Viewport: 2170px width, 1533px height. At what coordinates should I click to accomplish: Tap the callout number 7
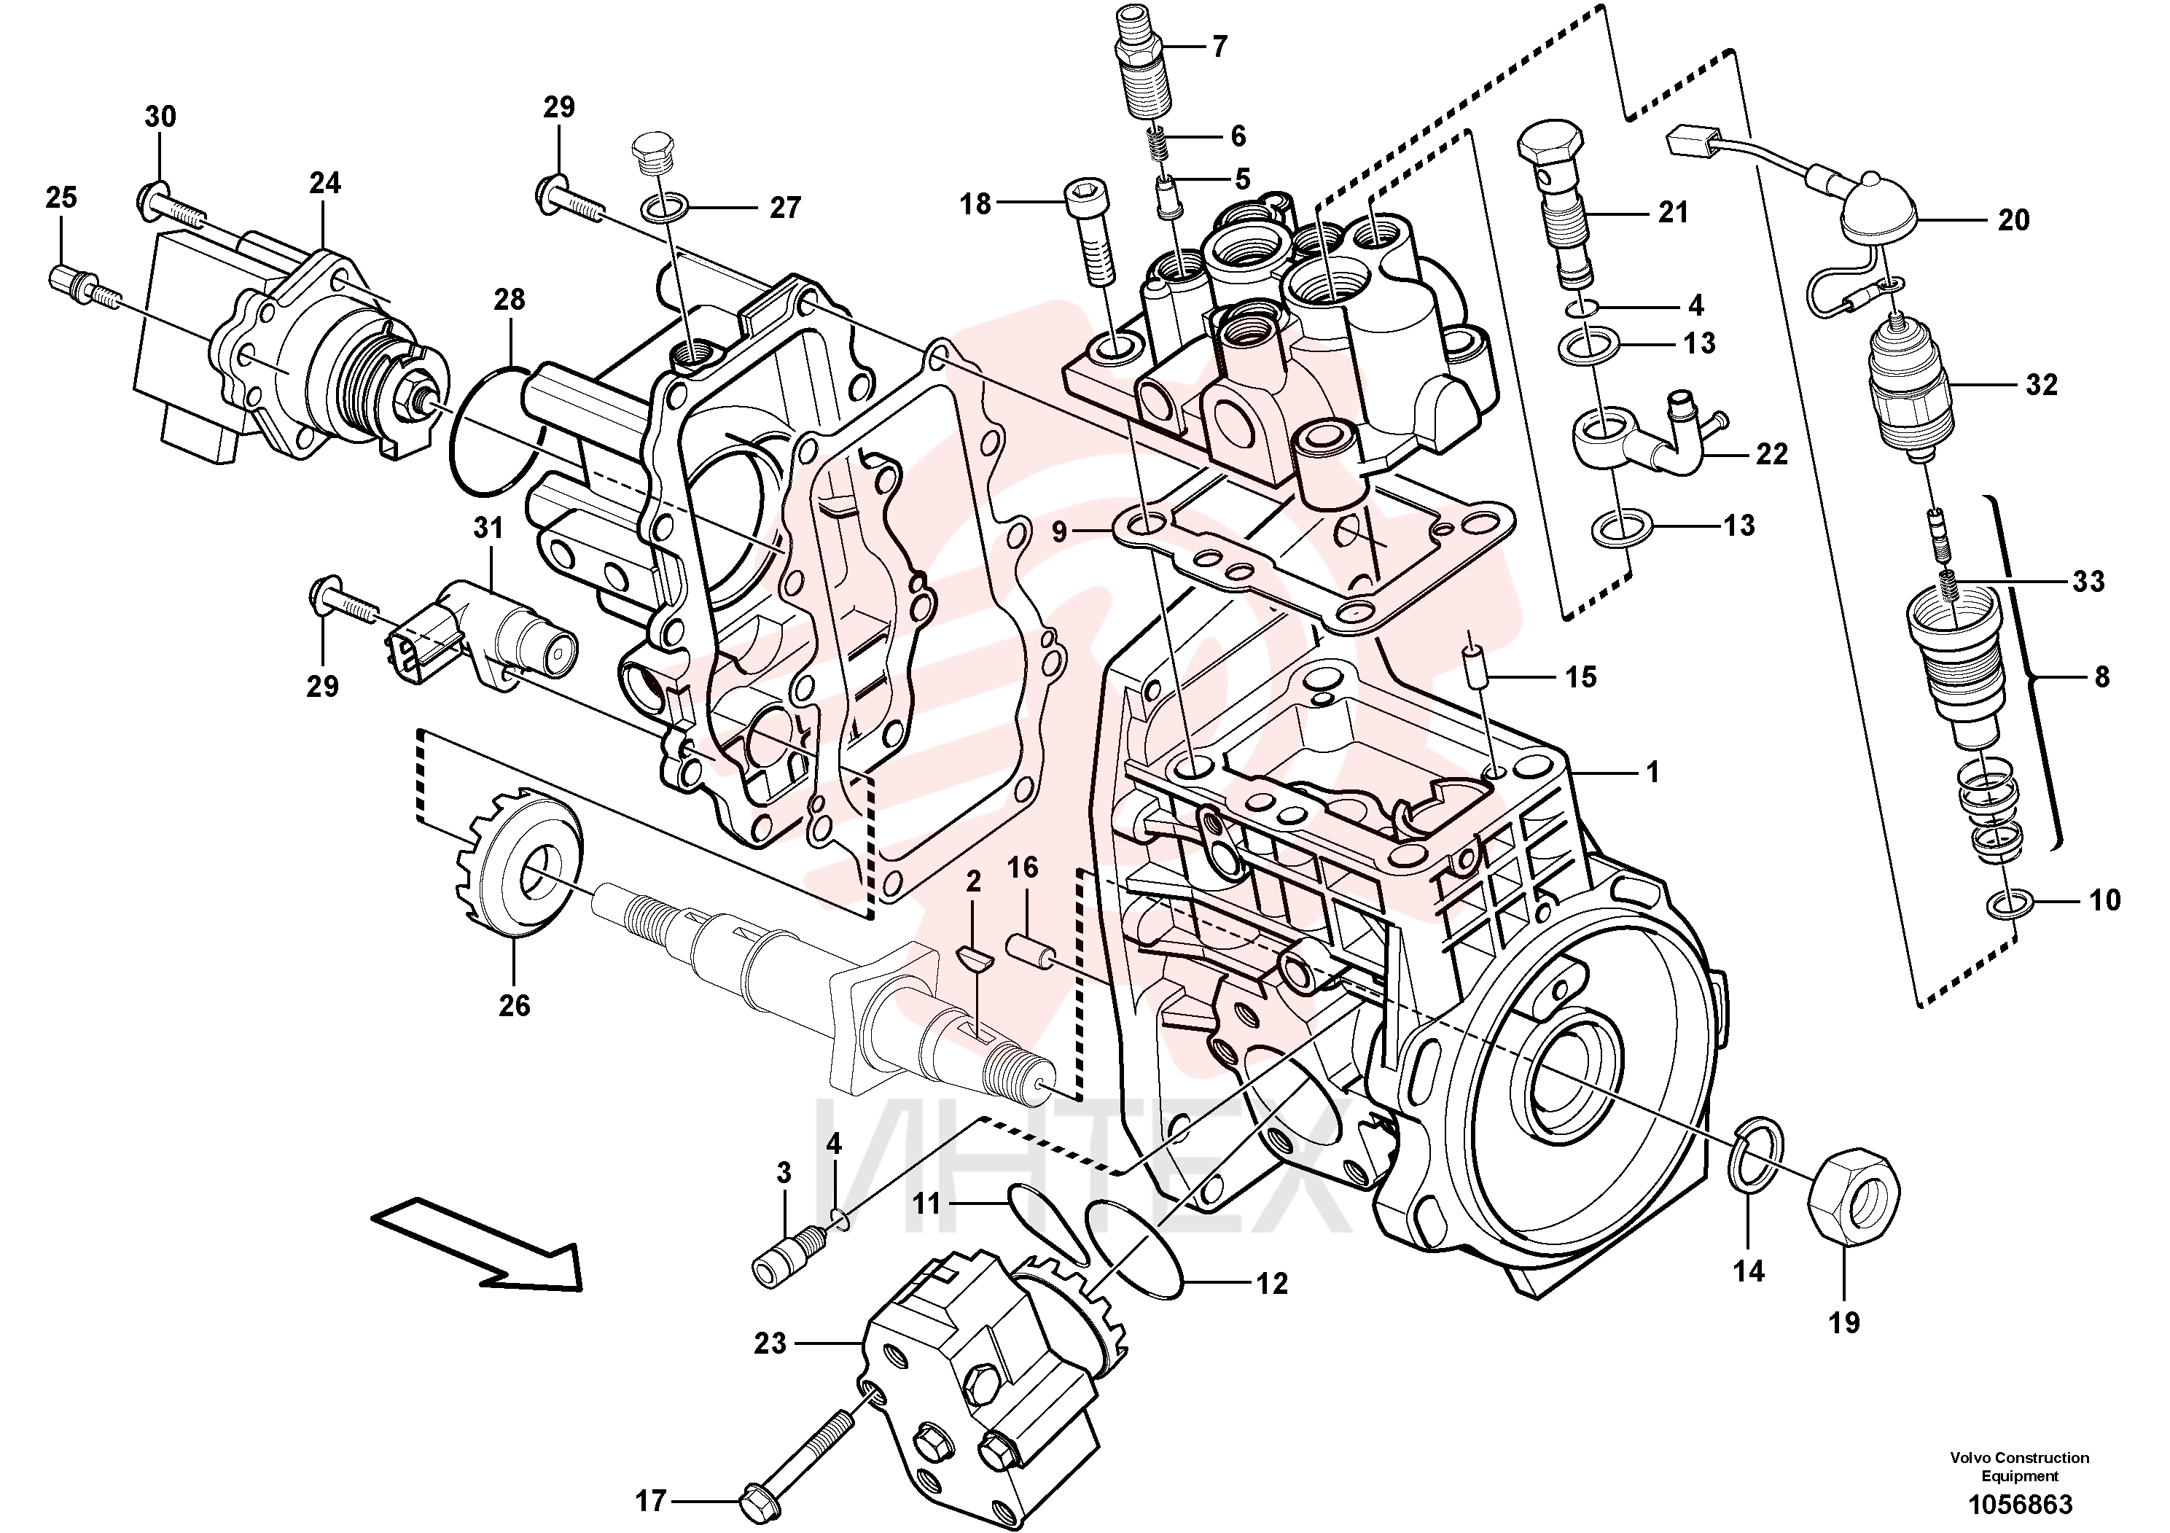pyautogui.click(x=1219, y=47)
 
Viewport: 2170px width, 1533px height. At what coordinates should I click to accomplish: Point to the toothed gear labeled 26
pyautogui.click(x=516, y=864)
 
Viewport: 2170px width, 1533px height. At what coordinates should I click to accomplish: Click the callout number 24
pyautogui.click(x=324, y=182)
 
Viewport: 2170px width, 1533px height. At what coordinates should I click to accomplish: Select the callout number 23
pyautogui.click(x=770, y=1343)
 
